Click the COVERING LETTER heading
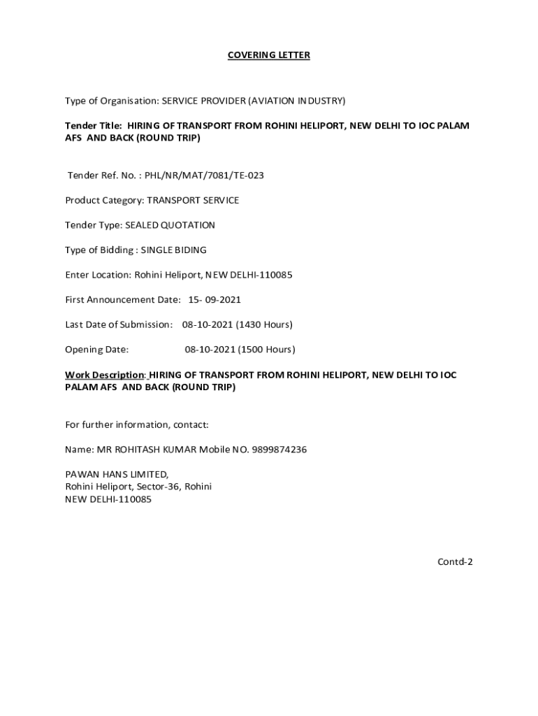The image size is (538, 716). click(268, 55)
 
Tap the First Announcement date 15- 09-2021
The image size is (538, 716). click(215, 300)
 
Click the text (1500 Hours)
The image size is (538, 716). click(266, 350)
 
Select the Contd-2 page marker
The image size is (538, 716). click(456, 561)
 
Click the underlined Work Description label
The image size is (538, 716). click(104, 375)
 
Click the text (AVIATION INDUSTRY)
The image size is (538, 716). click(296, 101)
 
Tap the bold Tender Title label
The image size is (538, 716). click(94, 126)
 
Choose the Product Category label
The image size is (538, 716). click(104, 201)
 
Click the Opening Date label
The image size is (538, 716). click(96, 350)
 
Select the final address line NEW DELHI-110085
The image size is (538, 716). click(108, 499)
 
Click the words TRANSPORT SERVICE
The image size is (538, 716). click(193, 201)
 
